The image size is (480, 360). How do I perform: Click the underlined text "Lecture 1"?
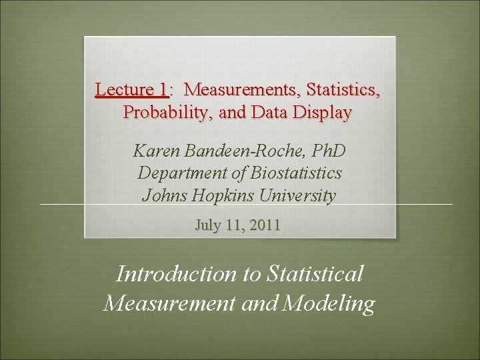click(x=131, y=89)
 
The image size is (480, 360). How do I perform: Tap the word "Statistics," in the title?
click(x=343, y=89)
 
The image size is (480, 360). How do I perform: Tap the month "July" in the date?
click(x=209, y=225)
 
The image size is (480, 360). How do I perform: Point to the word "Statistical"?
click(x=315, y=274)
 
